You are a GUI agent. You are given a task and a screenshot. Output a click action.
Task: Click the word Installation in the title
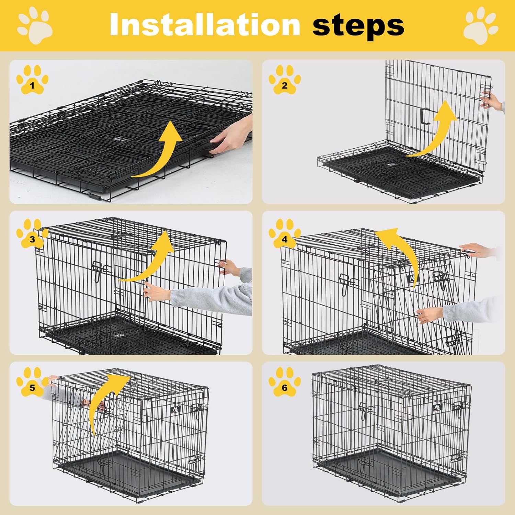point(205,24)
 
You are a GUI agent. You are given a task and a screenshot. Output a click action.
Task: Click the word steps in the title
point(358,25)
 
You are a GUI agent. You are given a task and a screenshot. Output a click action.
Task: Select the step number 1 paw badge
point(32,80)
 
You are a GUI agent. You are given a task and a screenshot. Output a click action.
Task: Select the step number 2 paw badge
point(284,80)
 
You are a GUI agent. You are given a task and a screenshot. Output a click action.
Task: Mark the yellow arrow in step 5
point(103,402)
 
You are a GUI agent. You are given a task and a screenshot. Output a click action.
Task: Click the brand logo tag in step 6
point(437,408)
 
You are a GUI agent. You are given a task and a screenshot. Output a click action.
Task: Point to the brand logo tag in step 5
point(175,409)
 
